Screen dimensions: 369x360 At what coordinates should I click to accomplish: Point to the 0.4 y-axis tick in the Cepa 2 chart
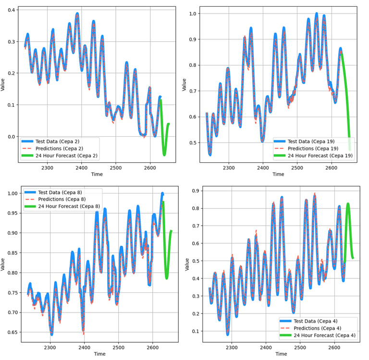pyautogui.click(x=12, y=10)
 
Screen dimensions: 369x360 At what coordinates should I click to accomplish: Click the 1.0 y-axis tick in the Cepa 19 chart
pyautogui.click(x=193, y=13)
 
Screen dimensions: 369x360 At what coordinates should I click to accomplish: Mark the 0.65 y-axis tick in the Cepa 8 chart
pyautogui.click(x=12, y=332)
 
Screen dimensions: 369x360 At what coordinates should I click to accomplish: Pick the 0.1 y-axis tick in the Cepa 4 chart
pyautogui.click(x=196, y=331)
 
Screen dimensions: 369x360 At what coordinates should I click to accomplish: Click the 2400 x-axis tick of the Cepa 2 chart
pyautogui.click(x=81, y=168)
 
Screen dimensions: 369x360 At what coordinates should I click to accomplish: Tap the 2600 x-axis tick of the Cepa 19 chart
pyautogui.click(x=332, y=168)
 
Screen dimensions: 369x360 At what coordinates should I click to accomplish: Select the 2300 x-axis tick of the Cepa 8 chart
pyautogui.click(x=50, y=348)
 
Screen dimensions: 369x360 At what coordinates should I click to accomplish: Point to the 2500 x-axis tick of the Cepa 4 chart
pyautogui.click(x=300, y=348)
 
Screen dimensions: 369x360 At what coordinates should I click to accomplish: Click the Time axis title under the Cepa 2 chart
pyautogui.click(x=97, y=174)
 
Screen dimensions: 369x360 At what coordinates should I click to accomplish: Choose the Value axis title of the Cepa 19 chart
pyautogui.click(x=184, y=84)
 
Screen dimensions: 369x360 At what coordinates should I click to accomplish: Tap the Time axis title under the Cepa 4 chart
pyautogui.click(x=281, y=354)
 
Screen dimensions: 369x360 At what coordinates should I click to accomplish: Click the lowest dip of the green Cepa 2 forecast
pyautogui.click(x=164, y=155)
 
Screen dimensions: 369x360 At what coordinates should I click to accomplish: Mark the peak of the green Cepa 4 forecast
pyautogui.click(x=348, y=204)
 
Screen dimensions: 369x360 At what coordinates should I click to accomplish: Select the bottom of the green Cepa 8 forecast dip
pyautogui.click(x=167, y=278)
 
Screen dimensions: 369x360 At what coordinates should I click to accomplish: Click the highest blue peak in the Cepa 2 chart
pyautogui.click(x=77, y=13)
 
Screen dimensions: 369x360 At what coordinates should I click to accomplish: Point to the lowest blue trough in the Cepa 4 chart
pyautogui.click(x=228, y=334)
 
